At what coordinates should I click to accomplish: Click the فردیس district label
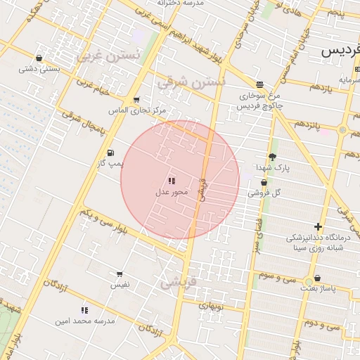pos(340,51)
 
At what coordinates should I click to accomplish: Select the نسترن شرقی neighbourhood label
pos(192,82)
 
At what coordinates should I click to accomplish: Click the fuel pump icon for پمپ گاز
pos(110,153)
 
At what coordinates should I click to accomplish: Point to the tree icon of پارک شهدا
pos(272,157)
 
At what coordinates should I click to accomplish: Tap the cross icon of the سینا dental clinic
pos(319,226)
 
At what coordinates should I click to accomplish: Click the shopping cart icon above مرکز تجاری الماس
pos(136,100)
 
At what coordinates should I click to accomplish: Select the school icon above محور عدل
pos(172,181)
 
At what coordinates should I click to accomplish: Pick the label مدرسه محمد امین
pos(84,321)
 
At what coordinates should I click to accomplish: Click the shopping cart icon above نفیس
pos(119,274)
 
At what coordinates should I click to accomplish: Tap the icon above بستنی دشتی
pos(38,58)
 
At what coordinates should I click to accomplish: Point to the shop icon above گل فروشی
pos(264,182)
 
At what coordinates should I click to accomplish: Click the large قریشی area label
pos(180,283)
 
